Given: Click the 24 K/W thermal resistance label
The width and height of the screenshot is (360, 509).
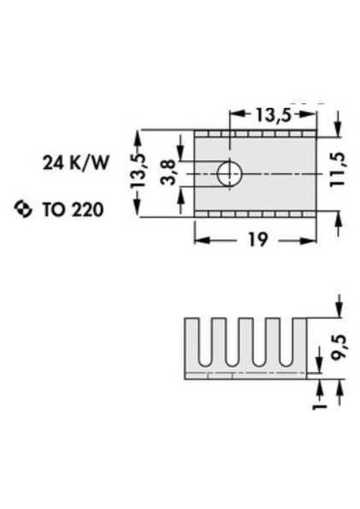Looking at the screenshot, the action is point(76,163).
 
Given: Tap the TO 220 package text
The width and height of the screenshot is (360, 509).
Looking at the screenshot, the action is point(73,210).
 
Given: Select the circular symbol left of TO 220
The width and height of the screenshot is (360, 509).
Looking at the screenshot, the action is point(24,209).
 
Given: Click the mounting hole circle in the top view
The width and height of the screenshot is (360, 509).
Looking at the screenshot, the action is point(230,174).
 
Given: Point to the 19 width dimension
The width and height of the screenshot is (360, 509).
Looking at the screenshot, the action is point(258,239).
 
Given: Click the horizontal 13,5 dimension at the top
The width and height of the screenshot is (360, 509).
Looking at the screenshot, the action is point(273,115).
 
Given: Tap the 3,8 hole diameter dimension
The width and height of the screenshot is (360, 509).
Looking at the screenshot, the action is point(168,172).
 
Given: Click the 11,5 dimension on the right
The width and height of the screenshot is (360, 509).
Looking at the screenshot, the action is point(338,170).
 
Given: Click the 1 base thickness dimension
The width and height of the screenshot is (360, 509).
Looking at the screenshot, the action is point(320,406).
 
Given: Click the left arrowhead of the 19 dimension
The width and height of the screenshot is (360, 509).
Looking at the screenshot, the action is point(201,241).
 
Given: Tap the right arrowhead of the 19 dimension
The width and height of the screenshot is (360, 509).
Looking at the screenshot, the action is point(308,241).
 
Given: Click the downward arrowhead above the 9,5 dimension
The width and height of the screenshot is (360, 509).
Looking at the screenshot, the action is point(340,310).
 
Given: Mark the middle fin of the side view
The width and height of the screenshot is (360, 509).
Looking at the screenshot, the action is point(245,341).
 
